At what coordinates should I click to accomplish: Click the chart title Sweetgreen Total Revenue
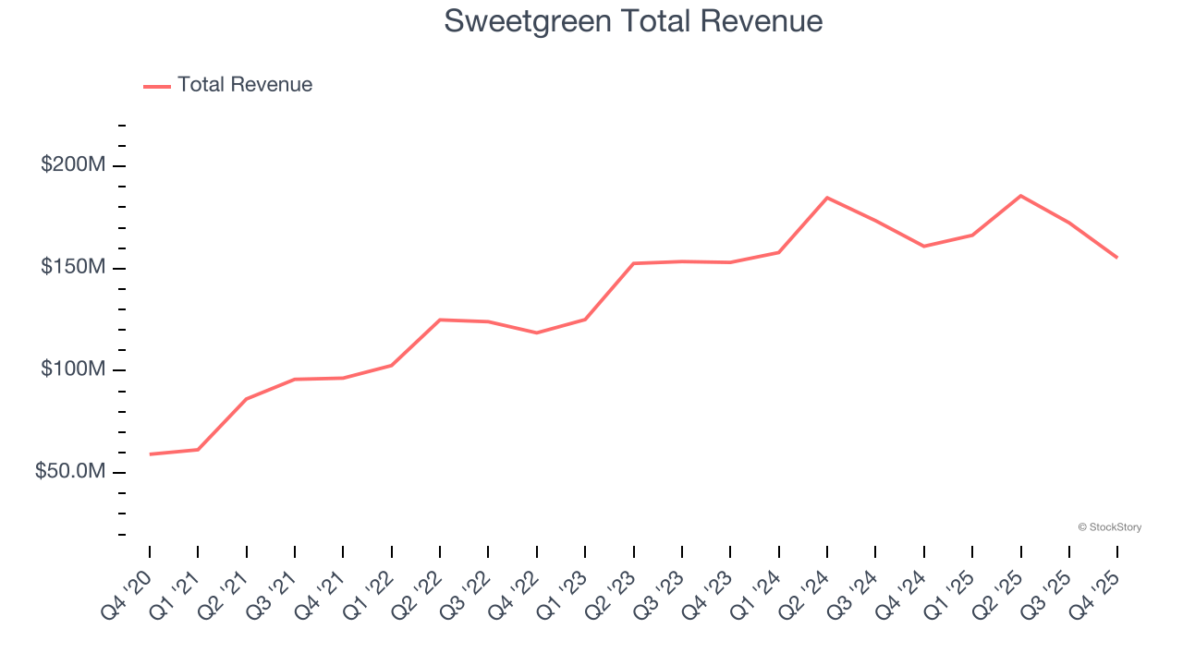pyautogui.click(x=633, y=20)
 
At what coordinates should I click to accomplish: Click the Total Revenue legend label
pyautogui.click(x=245, y=85)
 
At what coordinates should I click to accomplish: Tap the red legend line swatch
pyautogui.click(x=157, y=86)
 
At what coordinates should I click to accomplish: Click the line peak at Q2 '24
pyautogui.click(x=827, y=198)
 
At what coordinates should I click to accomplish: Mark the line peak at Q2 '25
pyautogui.click(x=1020, y=196)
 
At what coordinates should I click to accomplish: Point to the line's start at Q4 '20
pyautogui.click(x=150, y=453)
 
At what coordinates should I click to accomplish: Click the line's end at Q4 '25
pyautogui.click(x=1116, y=257)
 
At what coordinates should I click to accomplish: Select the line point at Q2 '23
pyautogui.click(x=633, y=263)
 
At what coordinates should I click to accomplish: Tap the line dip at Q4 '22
pyautogui.click(x=537, y=332)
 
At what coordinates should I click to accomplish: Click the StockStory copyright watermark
pyautogui.click(x=1109, y=527)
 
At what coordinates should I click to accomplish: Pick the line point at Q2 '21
pyautogui.click(x=246, y=399)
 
